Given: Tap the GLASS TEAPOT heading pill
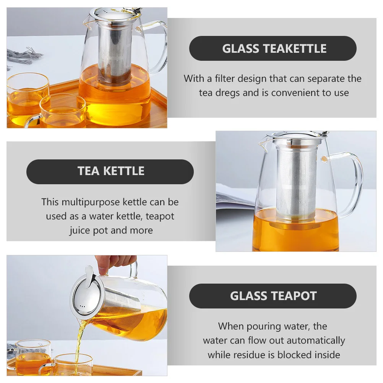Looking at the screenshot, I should click(273, 296).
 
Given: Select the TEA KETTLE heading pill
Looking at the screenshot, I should click(110, 171).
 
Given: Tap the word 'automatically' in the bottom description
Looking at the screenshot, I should click(316, 341).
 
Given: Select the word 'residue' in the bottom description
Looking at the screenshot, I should click(251, 355).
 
